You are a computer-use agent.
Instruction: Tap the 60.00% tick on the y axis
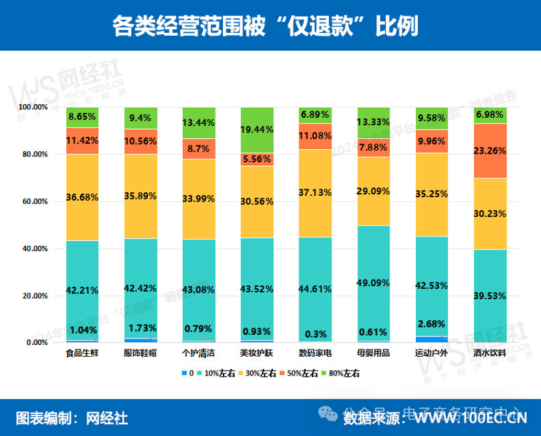click(x=32, y=202)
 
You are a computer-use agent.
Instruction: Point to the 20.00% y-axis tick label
click(x=32, y=296)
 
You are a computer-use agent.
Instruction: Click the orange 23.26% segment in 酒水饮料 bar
click(x=489, y=151)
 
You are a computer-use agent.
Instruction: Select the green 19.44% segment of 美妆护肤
click(x=256, y=130)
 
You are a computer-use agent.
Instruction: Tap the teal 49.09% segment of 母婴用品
click(x=372, y=284)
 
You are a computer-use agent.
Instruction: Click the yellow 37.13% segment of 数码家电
click(x=314, y=192)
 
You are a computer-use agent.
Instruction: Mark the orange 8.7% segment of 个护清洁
click(x=198, y=148)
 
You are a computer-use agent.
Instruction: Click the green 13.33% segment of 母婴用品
click(x=372, y=122)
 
